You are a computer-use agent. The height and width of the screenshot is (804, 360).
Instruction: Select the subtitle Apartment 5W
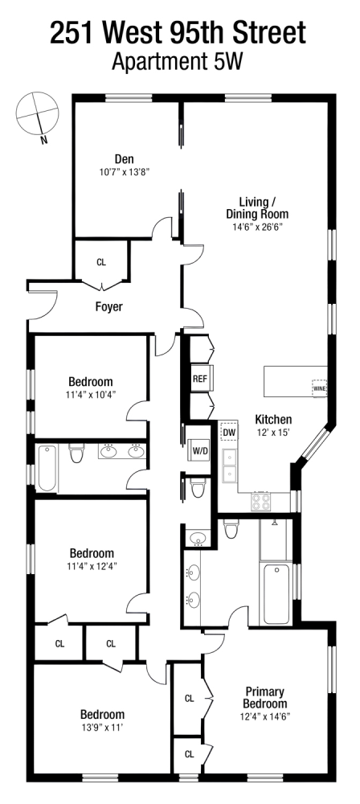click(x=178, y=61)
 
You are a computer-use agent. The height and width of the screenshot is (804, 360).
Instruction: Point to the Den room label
click(x=123, y=158)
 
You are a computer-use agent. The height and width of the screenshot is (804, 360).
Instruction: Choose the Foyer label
click(x=109, y=306)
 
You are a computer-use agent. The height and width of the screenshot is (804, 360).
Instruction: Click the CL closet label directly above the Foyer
click(x=101, y=262)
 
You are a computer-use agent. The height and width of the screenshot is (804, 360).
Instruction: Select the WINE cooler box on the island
click(x=319, y=388)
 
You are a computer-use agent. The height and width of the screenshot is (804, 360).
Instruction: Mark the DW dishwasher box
click(x=229, y=433)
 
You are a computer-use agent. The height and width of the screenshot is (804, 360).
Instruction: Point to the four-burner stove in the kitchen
click(x=262, y=502)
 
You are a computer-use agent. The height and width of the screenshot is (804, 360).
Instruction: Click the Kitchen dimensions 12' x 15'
click(x=273, y=433)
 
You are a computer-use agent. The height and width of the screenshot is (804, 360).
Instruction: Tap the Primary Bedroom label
click(x=266, y=698)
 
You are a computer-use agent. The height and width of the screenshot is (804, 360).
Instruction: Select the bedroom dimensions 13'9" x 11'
click(x=101, y=728)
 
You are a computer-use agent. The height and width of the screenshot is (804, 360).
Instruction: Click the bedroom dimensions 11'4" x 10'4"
click(x=90, y=395)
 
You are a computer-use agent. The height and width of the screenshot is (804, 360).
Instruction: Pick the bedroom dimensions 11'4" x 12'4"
click(x=90, y=567)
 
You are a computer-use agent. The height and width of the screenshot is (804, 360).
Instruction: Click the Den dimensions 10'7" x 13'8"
click(x=123, y=171)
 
